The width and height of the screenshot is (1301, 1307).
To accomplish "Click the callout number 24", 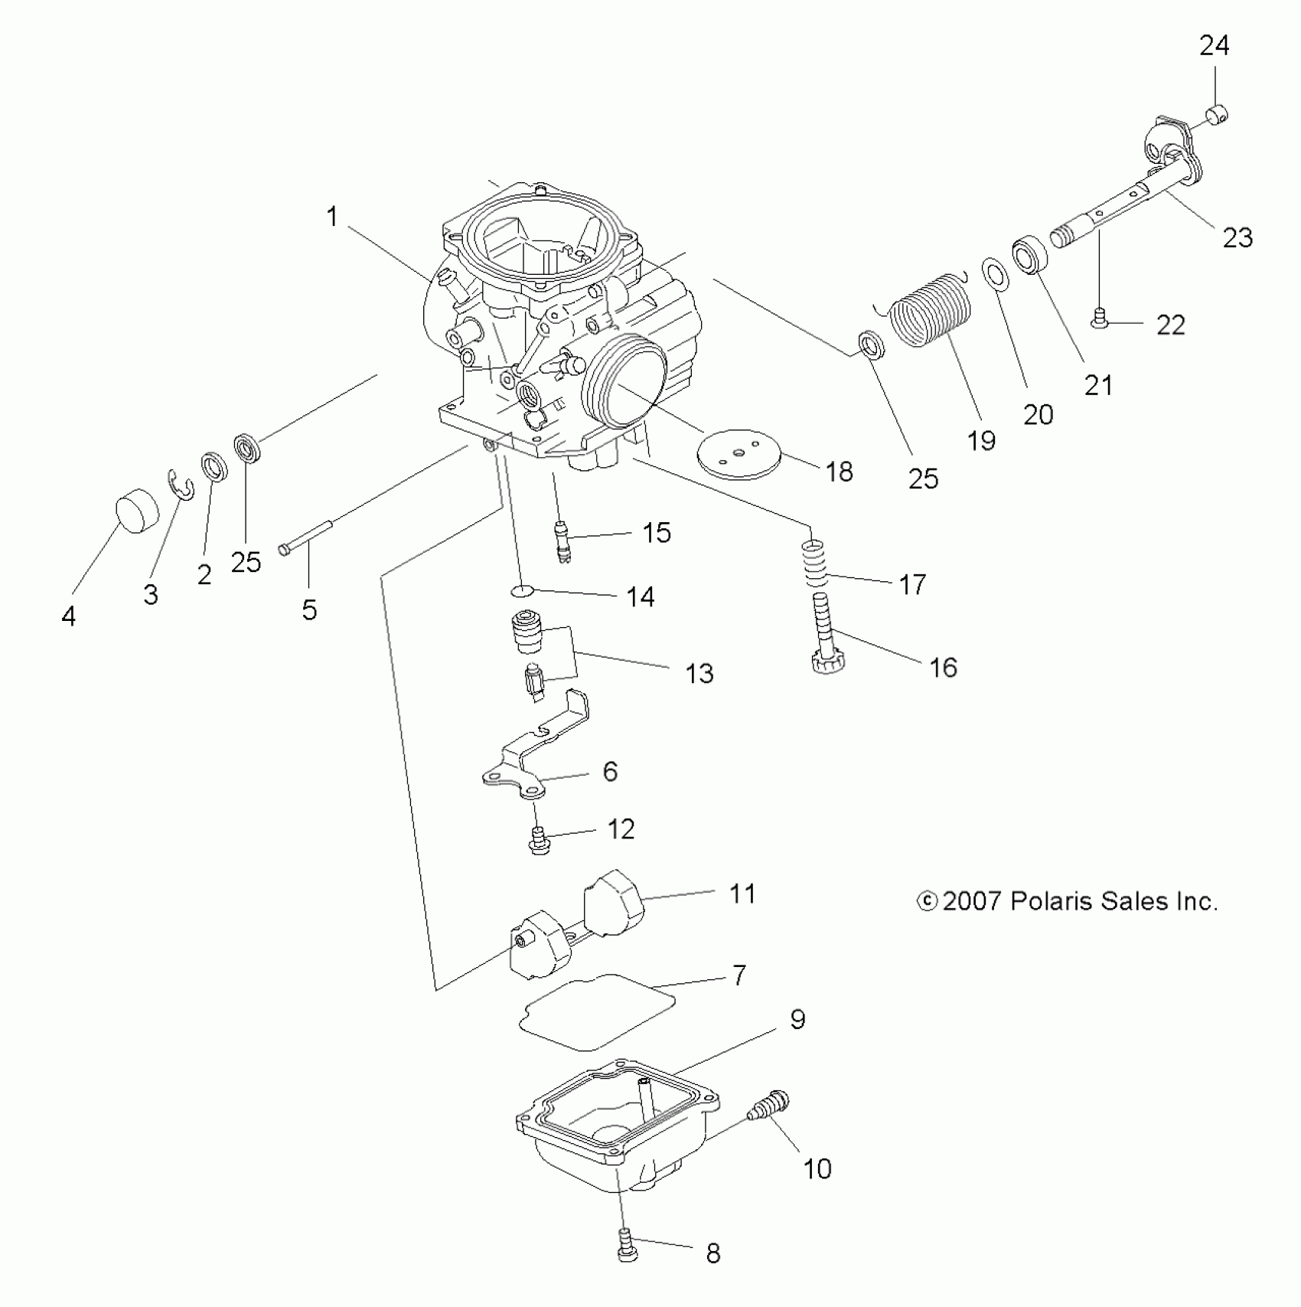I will click(x=1214, y=47).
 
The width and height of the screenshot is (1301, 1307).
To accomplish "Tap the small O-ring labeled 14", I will click(x=520, y=591).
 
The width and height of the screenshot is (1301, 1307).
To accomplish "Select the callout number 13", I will click(x=699, y=674).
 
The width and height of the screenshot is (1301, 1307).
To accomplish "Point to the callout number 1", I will click(x=332, y=217).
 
